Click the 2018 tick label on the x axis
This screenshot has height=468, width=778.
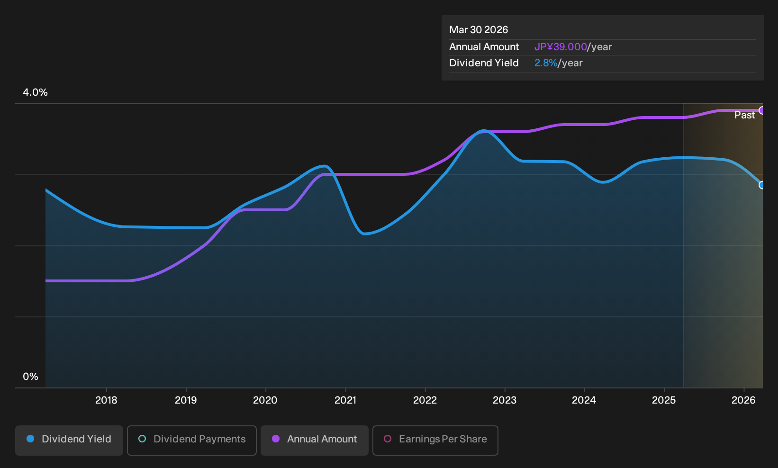coord(106,400)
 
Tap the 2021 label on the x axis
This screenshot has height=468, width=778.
coord(345,400)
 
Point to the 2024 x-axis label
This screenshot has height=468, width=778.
coord(584,400)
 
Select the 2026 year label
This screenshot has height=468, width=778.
coord(743,400)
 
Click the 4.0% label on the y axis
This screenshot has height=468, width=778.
coord(35,92)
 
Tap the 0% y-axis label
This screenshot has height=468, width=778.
coord(31,377)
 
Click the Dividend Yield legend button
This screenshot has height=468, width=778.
coord(69,440)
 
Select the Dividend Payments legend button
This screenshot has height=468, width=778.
coord(192,440)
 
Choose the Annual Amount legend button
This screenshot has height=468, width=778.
coord(314,440)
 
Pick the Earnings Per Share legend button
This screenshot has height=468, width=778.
coord(435,440)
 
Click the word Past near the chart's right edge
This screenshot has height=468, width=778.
coord(744,115)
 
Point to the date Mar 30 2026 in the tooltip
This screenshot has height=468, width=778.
coord(479,30)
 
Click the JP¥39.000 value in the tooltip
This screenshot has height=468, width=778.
coord(561,47)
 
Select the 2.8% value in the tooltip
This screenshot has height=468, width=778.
coord(546,63)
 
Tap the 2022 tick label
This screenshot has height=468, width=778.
coord(425,400)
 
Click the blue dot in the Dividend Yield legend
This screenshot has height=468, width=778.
coord(31,439)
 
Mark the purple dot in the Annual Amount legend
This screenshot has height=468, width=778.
coord(276,439)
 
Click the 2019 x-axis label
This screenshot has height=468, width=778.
coord(186,400)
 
